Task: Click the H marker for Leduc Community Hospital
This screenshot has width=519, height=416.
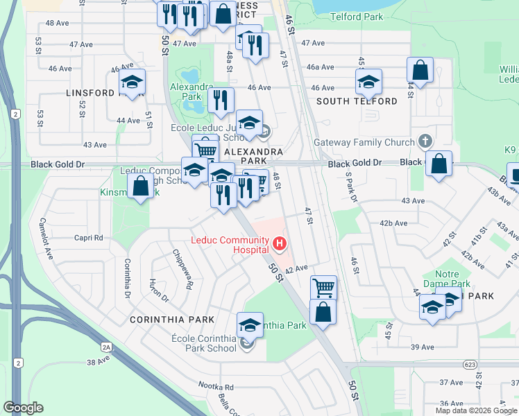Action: click(x=280, y=243)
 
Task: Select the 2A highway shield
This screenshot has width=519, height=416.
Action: click(x=106, y=347)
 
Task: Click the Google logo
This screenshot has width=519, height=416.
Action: click(x=24, y=408)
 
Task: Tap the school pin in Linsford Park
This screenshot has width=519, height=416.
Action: click(x=131, y=83)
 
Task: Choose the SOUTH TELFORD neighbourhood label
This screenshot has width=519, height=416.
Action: click(x=357, y=101)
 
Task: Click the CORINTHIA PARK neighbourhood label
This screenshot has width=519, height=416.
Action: click(x=164, y=320)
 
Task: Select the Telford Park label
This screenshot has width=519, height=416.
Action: click(x=357, y=16)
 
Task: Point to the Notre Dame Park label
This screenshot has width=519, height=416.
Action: click(x=452, y=279)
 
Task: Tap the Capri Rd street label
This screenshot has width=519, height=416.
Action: click(x=89, y=238)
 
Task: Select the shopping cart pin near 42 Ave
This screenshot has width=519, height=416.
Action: click(x=322, y=286)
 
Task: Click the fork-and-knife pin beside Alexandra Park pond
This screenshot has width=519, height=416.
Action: click(x=221, y=100)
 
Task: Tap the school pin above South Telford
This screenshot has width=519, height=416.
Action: click(x=368, y=82)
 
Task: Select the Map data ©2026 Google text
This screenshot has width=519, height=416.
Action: click(x=476, y=410)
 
